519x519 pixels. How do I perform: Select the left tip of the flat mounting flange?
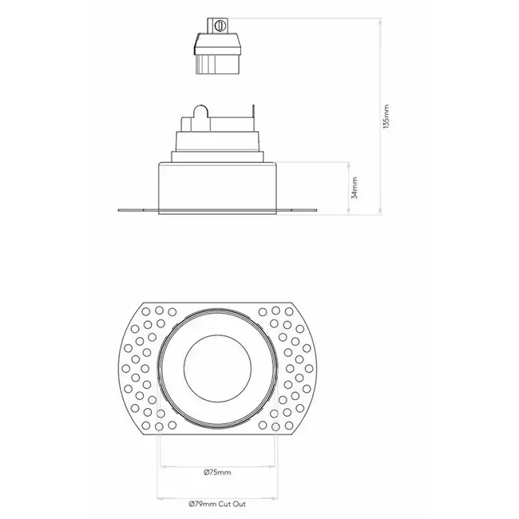tap(120, 211)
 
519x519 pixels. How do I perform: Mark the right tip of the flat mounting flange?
tap(319, 211)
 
